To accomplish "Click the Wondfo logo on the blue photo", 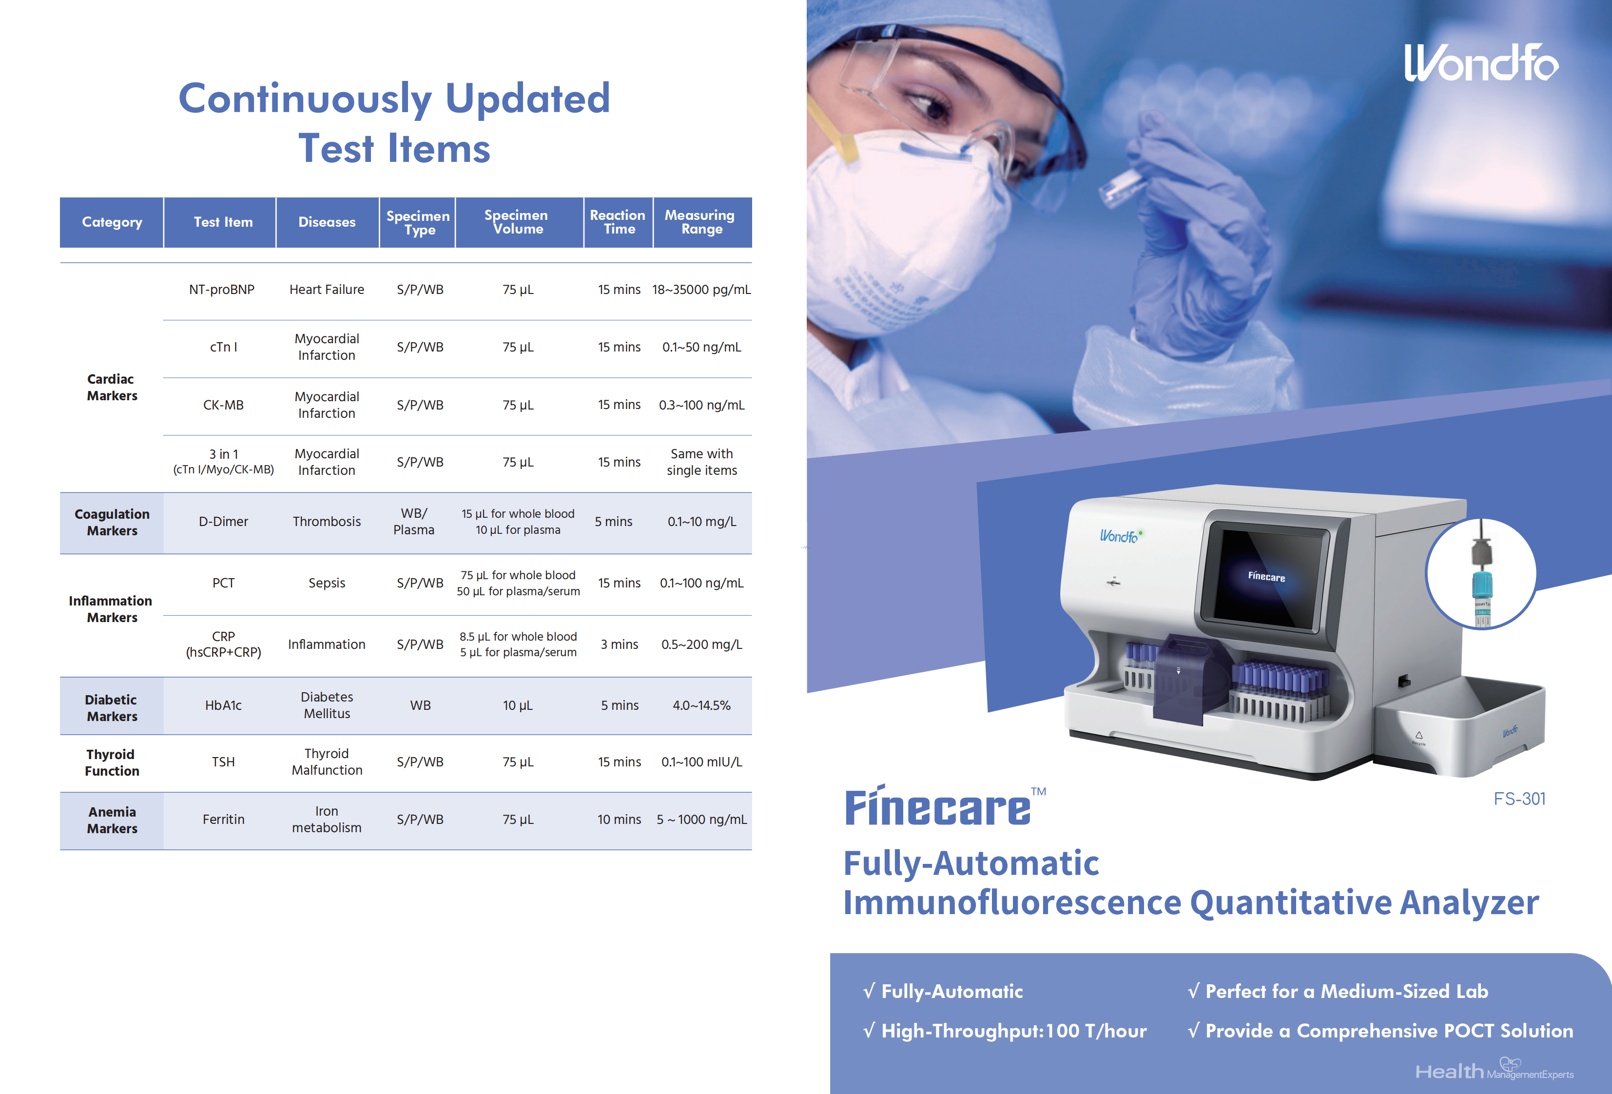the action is coord(1481,62).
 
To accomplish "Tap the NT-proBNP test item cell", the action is coord(222,289).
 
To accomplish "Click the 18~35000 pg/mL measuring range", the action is coord(701,289).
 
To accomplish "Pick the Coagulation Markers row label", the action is coord(112,522).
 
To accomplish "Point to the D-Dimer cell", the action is coord(223,522).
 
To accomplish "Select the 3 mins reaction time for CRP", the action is coord(620,645).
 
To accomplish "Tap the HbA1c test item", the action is coord(223,705).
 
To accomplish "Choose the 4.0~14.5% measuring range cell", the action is coord(701,705).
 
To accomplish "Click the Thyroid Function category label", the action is coord(112,762).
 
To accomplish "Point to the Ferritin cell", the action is coord(223,820).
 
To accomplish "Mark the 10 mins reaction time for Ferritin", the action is coord(620,820).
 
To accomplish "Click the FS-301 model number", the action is coord(1519,799).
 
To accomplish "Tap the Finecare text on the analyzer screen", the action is coord(1266,576).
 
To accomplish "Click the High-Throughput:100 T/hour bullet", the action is coord(1005,1031).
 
